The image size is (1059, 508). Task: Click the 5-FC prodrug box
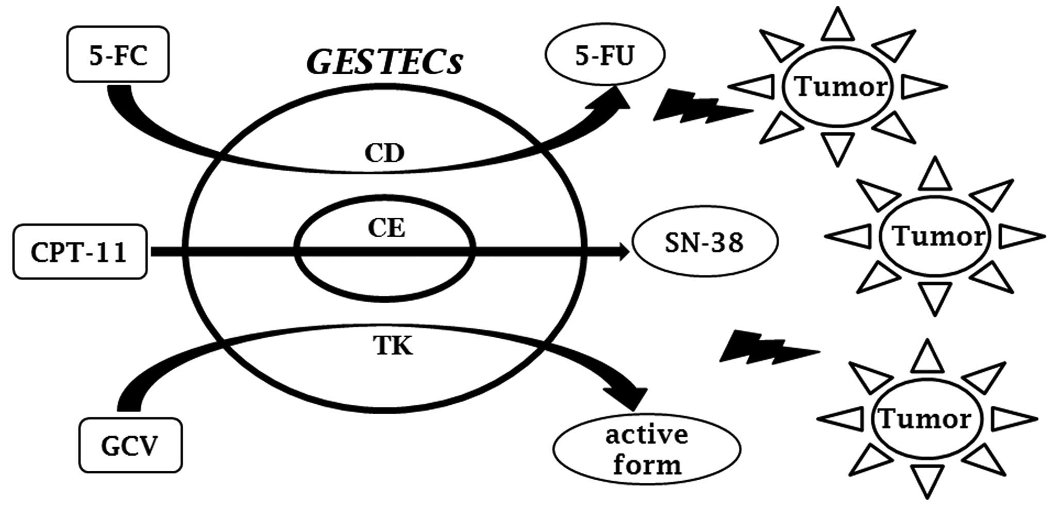click(118, 55)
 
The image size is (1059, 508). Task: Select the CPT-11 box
click(80, 252)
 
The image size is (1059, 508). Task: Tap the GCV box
click(130, 445)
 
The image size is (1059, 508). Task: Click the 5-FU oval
click(605, 55)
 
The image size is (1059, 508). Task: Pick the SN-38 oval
click(704, 242)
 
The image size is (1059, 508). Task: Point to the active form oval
click(647, 449)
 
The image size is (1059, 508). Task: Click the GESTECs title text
click(384, 62)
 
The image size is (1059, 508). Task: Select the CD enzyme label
click(384, 153)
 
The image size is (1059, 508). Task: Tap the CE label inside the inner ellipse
click(386, 228)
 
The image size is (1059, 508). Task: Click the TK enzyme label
click(393, 346)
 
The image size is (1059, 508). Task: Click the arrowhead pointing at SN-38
click(624, 252)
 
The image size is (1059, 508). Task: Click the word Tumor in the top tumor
click(841, 87)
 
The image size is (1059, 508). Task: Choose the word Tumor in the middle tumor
click(938, 237)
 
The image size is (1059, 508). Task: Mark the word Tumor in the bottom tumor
click(925, 419)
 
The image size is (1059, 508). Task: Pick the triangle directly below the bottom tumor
click(927, 481)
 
